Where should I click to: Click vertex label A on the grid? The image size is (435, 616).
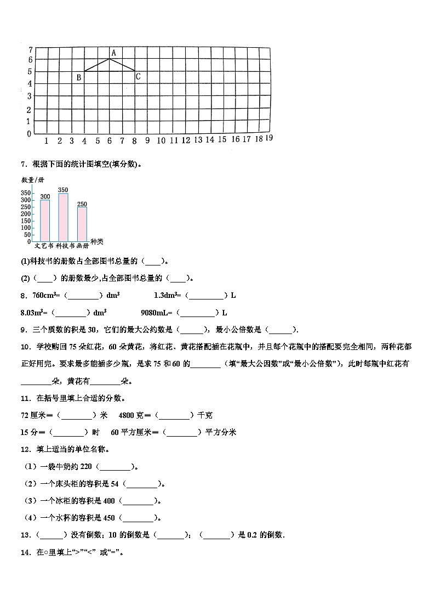click(113, 53)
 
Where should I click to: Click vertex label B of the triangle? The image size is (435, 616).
click(79, 78)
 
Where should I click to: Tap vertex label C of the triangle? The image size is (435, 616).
click(138, 77)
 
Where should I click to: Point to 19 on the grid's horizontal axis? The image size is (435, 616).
click(268, 138)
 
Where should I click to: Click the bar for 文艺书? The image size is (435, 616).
click(45, 220)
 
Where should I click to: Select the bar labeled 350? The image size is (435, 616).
click(63, 217)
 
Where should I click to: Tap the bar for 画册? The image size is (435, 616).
click(82, 223)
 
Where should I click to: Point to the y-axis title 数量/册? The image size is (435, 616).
click(32, 180)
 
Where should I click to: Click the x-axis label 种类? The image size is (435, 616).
click(97, 241)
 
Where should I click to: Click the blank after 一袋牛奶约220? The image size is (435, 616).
click(116, 467)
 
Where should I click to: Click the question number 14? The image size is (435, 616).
click(25, 552)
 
